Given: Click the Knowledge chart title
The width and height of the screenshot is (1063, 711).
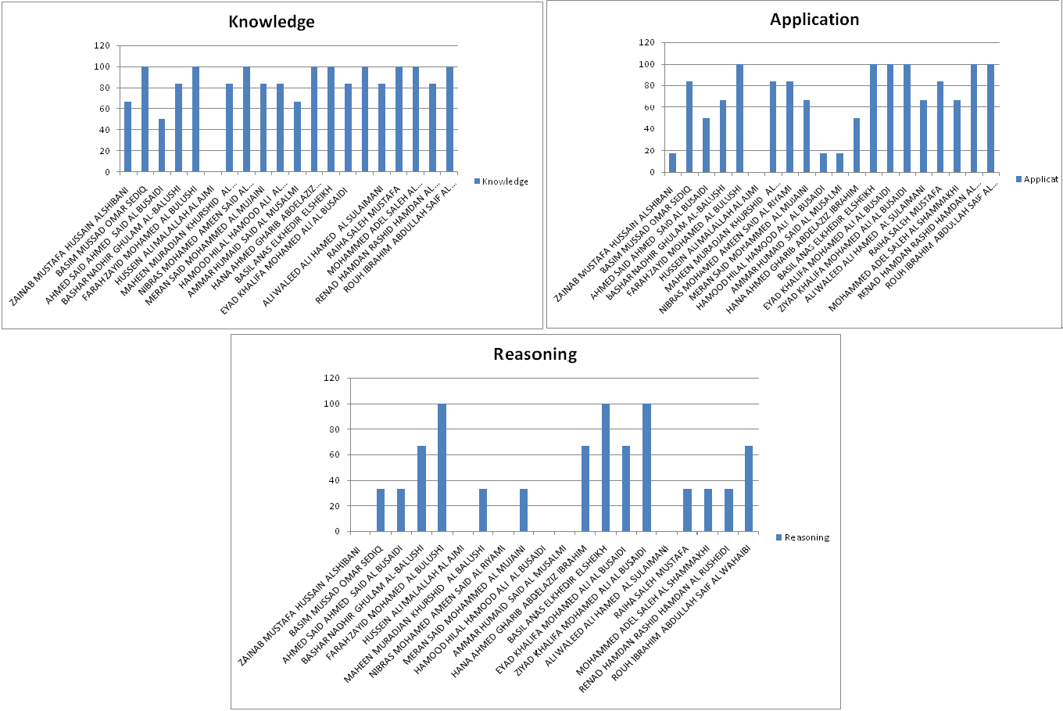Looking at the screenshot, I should point(271,22).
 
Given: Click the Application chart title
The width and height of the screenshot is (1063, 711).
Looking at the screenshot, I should point(814,20).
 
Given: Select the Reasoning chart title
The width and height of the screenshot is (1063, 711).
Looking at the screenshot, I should point(535,354).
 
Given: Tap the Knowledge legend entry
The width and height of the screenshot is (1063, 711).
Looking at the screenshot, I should point(501,181).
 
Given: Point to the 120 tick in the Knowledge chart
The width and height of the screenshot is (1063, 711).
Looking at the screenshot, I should point(102,45).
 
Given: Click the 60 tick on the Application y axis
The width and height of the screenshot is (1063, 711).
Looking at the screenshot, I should point(646,107).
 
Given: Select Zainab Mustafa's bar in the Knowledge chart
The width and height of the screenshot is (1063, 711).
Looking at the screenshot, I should point(128,137).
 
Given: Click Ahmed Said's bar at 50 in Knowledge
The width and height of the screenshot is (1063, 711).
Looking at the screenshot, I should point(162,145).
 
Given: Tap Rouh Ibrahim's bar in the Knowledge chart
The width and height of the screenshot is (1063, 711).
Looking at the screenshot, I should point(449,120).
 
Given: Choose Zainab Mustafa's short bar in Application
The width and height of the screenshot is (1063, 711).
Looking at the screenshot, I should point(672,163).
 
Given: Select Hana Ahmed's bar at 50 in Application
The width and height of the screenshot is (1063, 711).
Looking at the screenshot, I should point(857,145).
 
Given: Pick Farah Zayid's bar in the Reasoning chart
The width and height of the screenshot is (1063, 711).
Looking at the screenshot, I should point(442,468).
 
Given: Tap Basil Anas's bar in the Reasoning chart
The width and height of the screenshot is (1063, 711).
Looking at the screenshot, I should point(606,468).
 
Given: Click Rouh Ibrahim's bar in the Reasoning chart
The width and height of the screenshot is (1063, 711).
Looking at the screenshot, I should point(749,489).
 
